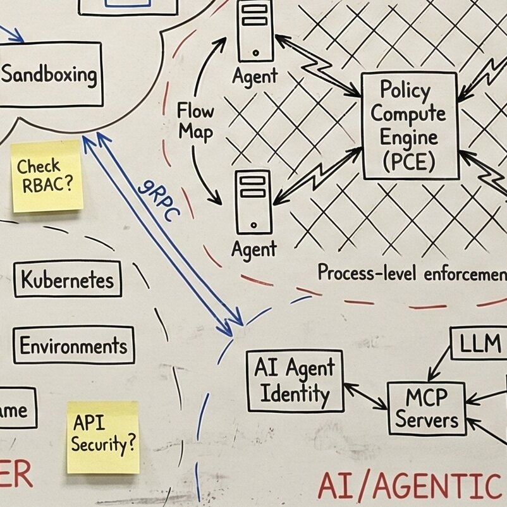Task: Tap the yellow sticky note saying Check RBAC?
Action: click(47, 176)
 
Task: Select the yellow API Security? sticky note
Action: click(102, 437)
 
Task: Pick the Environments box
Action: click(73, 346)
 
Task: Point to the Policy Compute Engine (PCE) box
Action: click(408, 125)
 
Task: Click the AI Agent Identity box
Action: click(295, 381)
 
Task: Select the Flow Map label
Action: click(196, 121)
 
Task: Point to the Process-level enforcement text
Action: click(411, 273)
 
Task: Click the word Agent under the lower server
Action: click(254, 248)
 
